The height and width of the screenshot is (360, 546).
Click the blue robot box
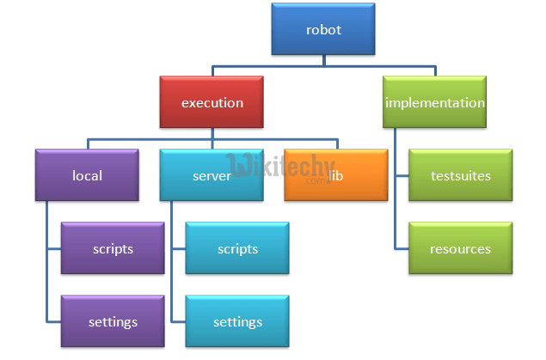coord(323,29)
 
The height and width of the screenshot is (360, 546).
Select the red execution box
coord(212,102)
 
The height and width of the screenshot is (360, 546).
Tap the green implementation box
coord(435,102)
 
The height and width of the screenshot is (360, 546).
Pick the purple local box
coord(87,175)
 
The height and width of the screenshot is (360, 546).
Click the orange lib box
coord(335,175)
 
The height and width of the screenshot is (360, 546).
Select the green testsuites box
coord(460,175)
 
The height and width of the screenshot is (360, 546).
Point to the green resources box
coord(460,248)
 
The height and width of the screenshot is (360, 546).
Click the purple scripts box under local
coord(113,248)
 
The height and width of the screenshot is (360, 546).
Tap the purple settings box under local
coord(113,321)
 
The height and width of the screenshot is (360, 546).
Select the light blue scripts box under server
coord(237,248)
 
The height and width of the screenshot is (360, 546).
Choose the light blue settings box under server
coord(237,321)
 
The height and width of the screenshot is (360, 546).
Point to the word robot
coord(323,30)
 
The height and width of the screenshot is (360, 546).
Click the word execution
coord(212,103)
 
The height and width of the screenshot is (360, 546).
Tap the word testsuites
coord(460,176)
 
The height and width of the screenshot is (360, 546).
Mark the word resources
coord(460,249)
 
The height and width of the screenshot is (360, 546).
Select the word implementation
coord(435,103)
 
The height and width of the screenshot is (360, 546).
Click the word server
coord(211,176)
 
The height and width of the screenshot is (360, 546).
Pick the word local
coord(87,176)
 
